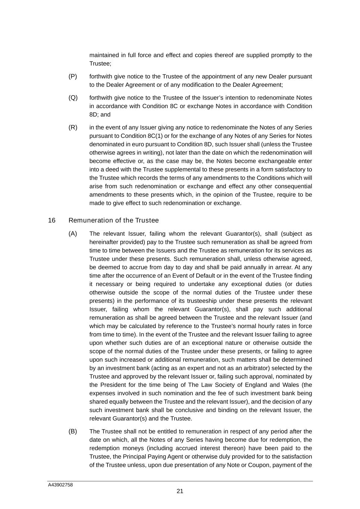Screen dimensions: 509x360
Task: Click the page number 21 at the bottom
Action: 180,491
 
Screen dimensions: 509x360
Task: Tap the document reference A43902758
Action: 60,485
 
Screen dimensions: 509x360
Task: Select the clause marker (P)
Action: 73,76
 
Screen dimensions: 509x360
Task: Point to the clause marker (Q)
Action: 73,98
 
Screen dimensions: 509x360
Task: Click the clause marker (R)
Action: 73,128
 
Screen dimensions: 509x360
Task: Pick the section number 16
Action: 52,220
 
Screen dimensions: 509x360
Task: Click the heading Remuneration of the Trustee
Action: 114,220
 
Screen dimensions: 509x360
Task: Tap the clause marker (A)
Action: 73,234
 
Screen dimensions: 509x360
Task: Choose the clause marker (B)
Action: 73,431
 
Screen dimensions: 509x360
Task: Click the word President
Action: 113,385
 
